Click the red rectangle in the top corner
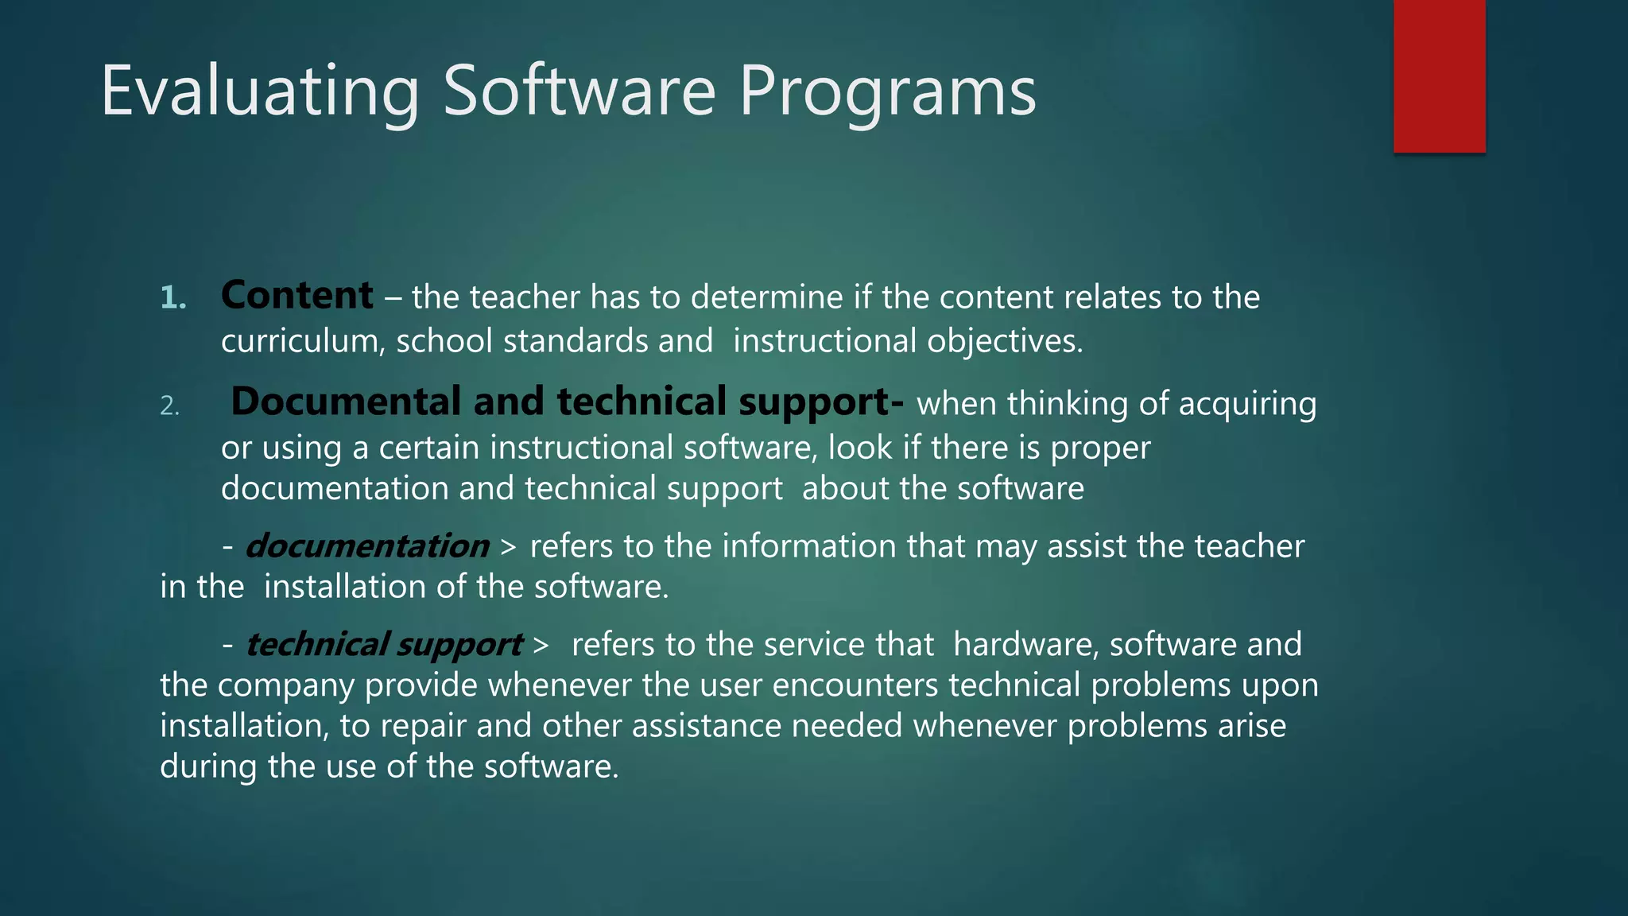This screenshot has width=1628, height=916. [1439, 76]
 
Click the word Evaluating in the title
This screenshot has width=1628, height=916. [260, 92]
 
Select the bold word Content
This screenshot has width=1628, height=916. [297, 296]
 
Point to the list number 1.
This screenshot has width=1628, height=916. [172, 298]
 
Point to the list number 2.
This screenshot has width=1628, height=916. [169, 406]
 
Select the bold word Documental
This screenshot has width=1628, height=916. [345, 402]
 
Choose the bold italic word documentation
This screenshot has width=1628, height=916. [366, 546]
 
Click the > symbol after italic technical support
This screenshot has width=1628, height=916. [541, 645]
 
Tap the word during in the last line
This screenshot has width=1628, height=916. [208, 767]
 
